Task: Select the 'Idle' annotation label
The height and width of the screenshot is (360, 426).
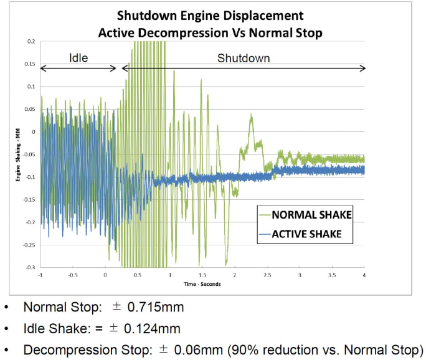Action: [x=78, y=58]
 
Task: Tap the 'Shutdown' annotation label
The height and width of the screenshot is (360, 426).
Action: [x=244, y=58]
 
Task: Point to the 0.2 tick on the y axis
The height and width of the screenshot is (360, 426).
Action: [x=31, y=42]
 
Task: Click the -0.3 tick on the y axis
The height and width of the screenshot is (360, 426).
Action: [x=30, y=267]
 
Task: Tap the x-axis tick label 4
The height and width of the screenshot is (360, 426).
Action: [x=364, y=275]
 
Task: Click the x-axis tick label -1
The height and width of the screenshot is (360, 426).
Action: [x=41, y=275]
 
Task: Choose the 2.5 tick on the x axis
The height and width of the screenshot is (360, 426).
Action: [x=267, y=275]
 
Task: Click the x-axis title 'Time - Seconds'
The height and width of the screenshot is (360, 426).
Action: [x=203, y=283]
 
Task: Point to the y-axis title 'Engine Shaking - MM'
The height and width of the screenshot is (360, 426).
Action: [x=19, y=154]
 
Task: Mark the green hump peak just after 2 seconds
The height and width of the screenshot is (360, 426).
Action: [x=251, y=115]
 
